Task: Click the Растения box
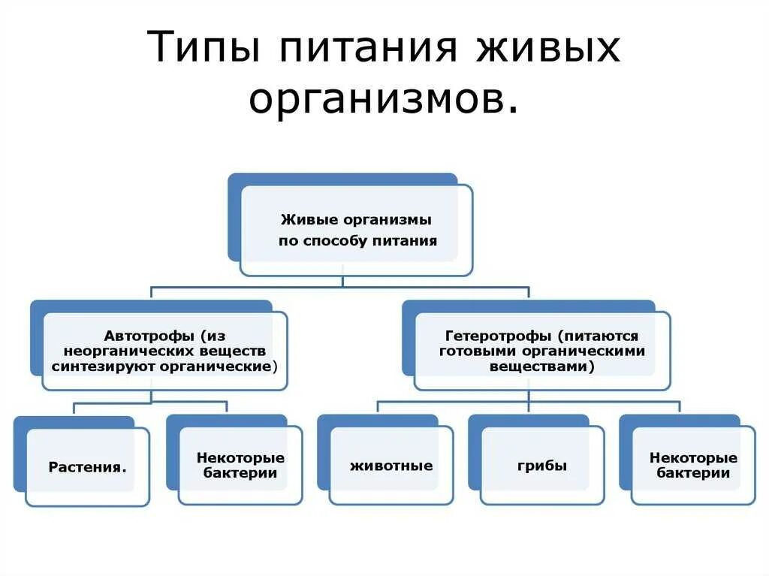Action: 87,467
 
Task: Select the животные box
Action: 391,466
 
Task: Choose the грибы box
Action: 541,466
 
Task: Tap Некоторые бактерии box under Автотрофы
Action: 240,466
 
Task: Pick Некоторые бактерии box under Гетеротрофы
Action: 693,466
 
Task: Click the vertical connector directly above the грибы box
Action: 529,407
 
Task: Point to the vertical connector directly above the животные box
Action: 377,407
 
